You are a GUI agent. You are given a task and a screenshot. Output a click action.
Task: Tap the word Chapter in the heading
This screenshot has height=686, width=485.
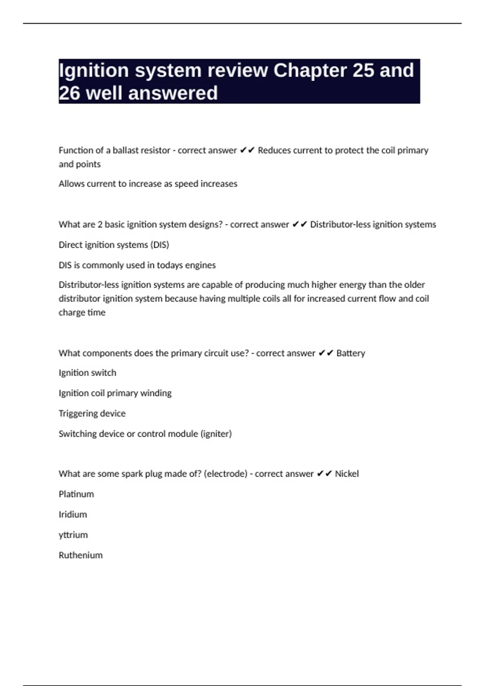(x=310, y=71)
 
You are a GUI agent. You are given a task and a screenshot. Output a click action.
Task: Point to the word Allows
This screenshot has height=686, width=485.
(x=71, y=184)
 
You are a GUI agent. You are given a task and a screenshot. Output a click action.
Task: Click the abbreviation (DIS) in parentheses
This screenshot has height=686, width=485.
(x=160, y=245)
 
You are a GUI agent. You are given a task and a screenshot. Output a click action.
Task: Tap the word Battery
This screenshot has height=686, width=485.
(x=350, y=353)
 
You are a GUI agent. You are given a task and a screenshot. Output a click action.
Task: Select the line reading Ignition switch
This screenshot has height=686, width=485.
(x=87, y=373)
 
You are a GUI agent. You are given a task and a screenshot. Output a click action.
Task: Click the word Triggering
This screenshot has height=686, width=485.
(x=78, y=414)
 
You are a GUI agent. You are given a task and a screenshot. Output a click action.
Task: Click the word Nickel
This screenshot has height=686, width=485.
(x=346, y=474)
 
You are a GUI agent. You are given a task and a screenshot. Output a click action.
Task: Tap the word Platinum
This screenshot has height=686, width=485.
(x=76, y=494)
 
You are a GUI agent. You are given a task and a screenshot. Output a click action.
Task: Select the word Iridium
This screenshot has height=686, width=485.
(x=73, y=514)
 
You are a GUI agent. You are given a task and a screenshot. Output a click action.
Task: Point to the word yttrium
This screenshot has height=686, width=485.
(x=73, y=535)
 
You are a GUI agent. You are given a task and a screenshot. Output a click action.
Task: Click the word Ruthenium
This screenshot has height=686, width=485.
(x=80, y=555)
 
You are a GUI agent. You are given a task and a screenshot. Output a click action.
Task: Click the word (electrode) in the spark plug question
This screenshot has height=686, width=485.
(x=226, y=474)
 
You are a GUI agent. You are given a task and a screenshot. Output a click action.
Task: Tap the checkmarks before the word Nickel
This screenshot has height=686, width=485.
(x=324, y=474)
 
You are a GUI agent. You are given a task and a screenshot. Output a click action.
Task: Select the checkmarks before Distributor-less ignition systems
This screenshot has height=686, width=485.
(x=299, y=224)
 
